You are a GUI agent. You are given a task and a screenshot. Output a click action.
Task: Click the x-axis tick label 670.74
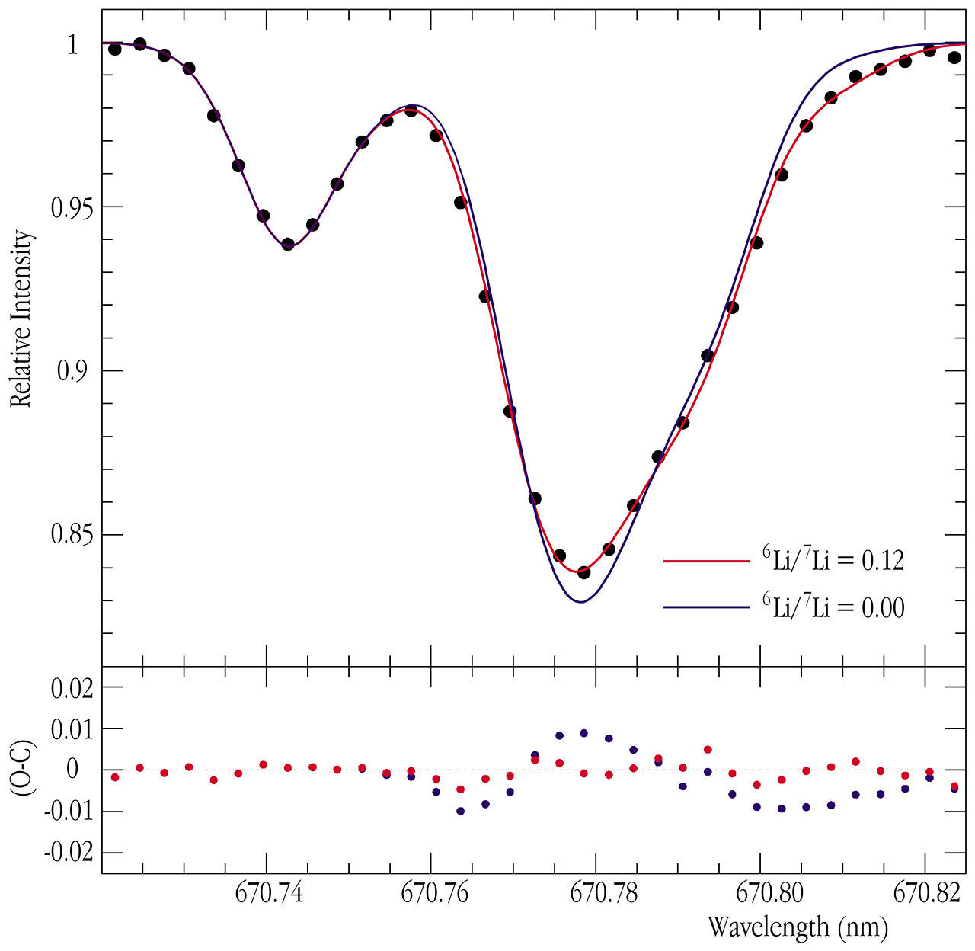coord(269,893)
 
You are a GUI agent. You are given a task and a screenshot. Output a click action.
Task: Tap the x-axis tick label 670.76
coord(433,893)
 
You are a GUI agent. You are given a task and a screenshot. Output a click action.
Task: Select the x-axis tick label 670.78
coord(598,893)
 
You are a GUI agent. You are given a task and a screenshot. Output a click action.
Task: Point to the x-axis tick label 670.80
coord(762,893)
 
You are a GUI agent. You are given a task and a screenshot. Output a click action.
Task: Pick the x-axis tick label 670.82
coord(926,893)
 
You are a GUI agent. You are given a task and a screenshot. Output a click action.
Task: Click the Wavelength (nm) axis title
coord(798,927)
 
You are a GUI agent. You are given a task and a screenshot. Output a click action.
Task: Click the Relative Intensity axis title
coord(21,319)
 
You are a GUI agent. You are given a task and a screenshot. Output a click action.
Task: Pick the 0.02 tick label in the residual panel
coord(73,688)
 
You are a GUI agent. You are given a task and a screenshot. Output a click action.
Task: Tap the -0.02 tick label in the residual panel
coord(70,852)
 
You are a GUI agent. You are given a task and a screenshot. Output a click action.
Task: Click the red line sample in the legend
coord(707,562)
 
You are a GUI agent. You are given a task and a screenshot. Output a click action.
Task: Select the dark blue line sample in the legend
coord(707,607)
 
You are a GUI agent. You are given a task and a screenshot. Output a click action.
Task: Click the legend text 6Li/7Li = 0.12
coord(833,560)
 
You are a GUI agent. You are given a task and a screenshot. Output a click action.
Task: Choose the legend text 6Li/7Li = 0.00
coord(833,607)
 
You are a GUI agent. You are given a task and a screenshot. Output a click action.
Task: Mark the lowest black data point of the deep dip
coord(584,572)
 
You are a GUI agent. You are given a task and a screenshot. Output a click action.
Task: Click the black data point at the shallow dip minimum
coord(288,245)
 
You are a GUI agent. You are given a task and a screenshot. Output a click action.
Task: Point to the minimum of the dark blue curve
coord(581,602)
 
